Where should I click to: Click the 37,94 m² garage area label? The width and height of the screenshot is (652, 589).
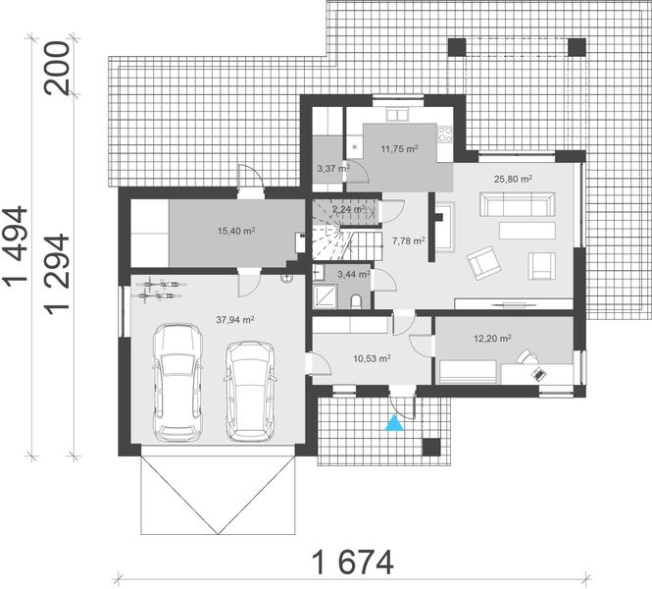click(x=235, y=319)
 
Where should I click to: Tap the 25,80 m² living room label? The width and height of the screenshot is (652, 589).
click(x=513, y=179)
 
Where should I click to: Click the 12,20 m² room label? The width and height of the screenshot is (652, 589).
click(x=492, y=338)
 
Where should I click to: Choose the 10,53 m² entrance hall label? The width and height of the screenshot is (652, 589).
click(x=372, y=358)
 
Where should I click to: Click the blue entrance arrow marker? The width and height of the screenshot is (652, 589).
click(x=393, y=423)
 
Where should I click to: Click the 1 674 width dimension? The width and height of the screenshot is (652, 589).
click(x=353, y=562)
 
